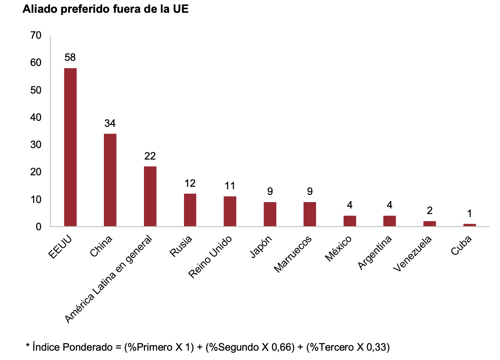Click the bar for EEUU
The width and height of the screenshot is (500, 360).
click(70, 147)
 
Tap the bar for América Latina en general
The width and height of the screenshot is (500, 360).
click(150, 196)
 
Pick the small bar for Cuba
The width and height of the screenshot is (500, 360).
click(470, 225)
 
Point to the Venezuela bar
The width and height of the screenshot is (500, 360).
click(429, 223)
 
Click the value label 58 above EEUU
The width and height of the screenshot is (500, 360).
click(70, 57)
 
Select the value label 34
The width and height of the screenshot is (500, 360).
click(110, 123)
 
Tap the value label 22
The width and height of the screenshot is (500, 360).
click(150, 156)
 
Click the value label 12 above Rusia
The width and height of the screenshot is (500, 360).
click(190, 183)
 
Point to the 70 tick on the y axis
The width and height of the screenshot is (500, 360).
click(36, 35)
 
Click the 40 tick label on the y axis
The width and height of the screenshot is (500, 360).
click(36, 117)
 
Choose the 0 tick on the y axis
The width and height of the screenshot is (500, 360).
click(38, 227)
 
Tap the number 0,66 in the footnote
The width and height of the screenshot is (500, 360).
click(283, 347)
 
